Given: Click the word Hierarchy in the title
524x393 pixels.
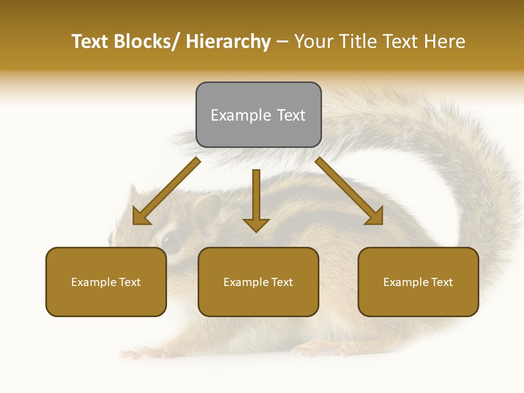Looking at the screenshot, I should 228,41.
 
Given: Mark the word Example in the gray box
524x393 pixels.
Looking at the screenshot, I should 241,116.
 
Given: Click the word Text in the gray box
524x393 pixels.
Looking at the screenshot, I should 290,116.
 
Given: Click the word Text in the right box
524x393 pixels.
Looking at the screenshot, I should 442,282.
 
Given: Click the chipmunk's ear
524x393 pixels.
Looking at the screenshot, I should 207,210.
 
